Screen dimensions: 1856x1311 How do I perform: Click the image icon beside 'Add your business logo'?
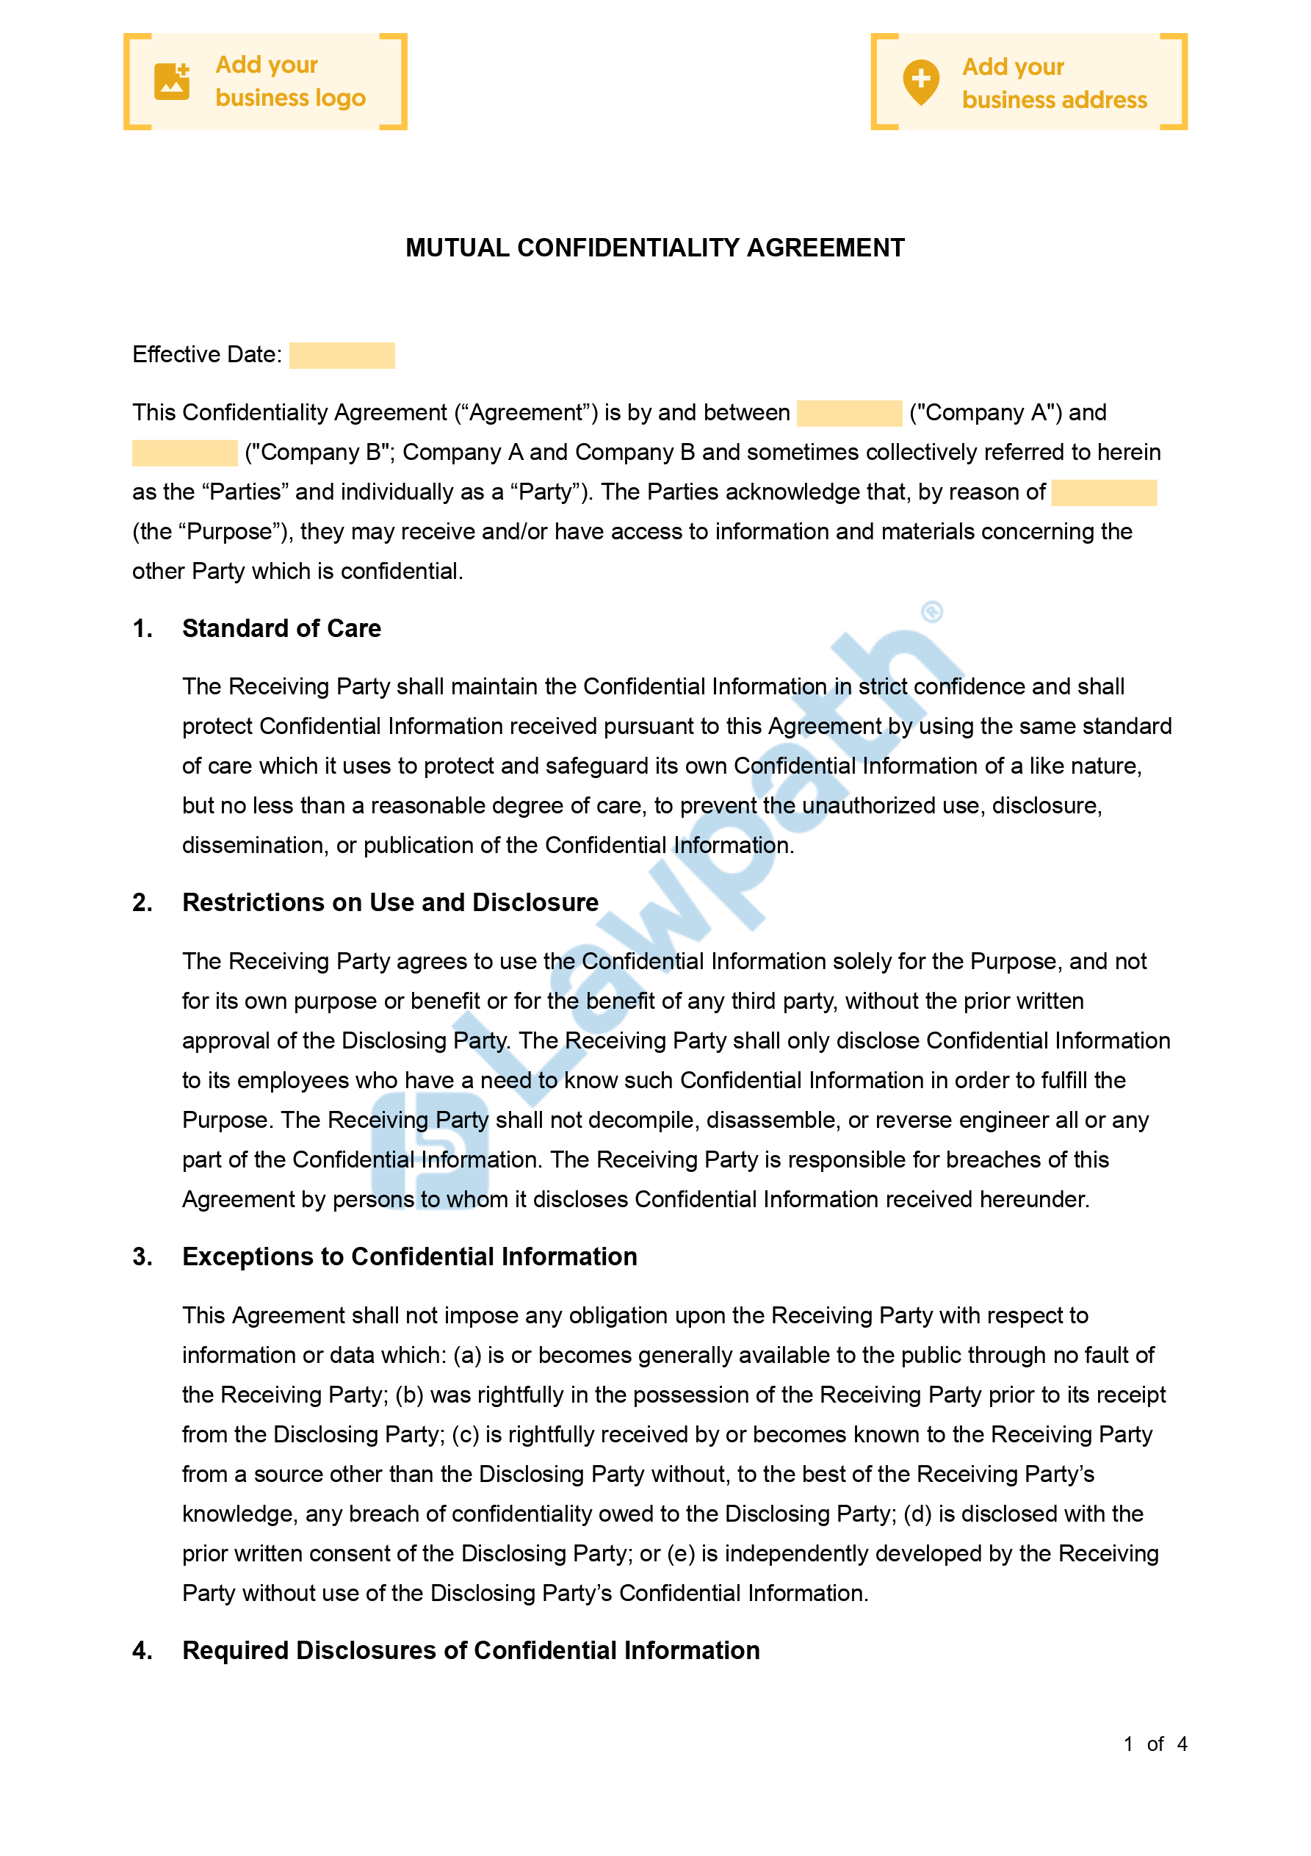(x=171, y=82)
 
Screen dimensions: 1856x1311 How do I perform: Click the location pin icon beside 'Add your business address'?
(x=920, y=82)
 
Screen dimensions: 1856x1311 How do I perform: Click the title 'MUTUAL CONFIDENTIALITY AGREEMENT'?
(x=654, y=248)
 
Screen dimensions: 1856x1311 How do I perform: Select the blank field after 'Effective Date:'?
(x=342, y=356)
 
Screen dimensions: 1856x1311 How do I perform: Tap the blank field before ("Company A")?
(x=849, y=413)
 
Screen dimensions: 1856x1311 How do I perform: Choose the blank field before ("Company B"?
(x=184, y=453)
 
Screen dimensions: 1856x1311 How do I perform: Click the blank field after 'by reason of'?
(x=1103, y=492)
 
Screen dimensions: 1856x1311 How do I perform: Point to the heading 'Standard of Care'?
(x=281, y=628)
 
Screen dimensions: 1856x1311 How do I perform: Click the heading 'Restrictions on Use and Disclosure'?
(x=391, y=902)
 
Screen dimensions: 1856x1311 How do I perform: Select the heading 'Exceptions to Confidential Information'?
(x=410, y=1256)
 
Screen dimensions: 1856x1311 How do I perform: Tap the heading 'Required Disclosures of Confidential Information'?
(x=472, y=1650)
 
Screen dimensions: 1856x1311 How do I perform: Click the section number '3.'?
(x=142, y=1256)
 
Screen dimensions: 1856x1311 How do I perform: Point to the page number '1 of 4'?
(x=1155, y=1744)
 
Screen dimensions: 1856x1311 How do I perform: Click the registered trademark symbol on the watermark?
(x=932, y=612)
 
